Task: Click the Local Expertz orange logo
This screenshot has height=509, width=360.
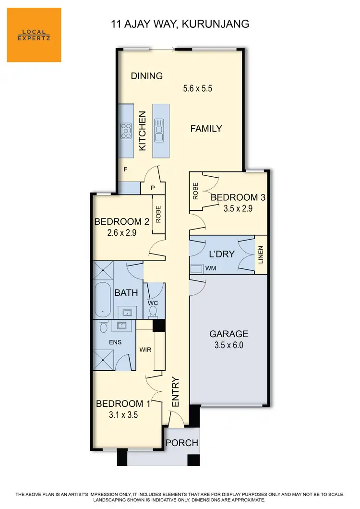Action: (34, 35)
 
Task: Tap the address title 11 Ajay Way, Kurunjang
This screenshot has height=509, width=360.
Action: (180, 24)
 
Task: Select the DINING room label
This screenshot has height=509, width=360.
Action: (147, 76)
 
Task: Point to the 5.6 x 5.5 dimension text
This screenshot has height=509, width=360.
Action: (198, 88)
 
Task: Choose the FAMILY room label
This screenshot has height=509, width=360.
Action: (206, 129)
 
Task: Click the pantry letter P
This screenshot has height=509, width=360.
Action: (153, 188)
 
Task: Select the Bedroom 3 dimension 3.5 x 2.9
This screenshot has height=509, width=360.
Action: (238, 208)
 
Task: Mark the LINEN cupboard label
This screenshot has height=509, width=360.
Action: (261, 254)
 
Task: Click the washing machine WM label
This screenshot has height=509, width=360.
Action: (210, 269)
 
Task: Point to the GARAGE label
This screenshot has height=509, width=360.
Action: (228, 334)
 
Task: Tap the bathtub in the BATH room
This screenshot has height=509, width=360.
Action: (103, 301)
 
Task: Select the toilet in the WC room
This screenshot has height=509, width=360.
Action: (153, 311)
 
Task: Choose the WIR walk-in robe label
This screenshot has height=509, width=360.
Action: (145, 350)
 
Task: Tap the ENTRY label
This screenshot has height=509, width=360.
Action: (175, 392)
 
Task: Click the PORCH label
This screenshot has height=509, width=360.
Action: (182, 443)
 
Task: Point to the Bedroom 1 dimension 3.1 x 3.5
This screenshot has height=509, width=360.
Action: (123, 415)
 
